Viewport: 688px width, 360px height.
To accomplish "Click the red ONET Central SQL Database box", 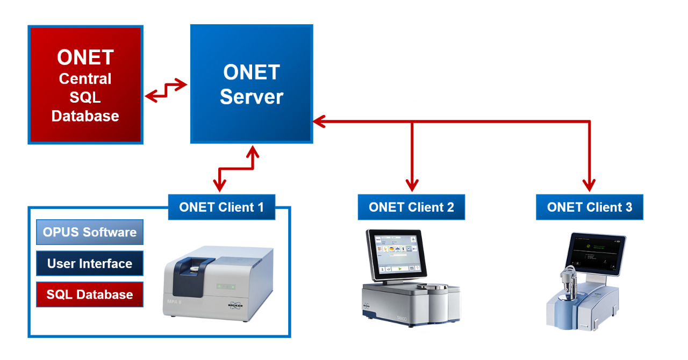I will point(85,85).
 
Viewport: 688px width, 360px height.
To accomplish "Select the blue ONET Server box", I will point(251,84).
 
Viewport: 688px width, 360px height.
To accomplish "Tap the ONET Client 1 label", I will point(221,207).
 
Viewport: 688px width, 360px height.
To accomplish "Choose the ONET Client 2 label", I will point(411,207).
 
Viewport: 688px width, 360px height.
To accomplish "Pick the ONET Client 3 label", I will point(589,207).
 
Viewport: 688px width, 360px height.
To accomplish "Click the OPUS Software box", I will point(90,233).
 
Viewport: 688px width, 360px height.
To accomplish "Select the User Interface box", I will point(90,264).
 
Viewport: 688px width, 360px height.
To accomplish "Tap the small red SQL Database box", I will point(90,295).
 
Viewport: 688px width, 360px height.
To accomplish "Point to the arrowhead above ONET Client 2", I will point(412,186).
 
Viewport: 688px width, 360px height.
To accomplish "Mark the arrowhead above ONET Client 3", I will point(590,186).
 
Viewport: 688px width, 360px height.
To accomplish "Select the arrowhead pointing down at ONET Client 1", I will point(219,186).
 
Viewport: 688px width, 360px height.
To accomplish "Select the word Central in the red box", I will point(85,79).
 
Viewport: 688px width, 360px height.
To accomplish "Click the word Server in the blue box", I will point(251,97).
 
